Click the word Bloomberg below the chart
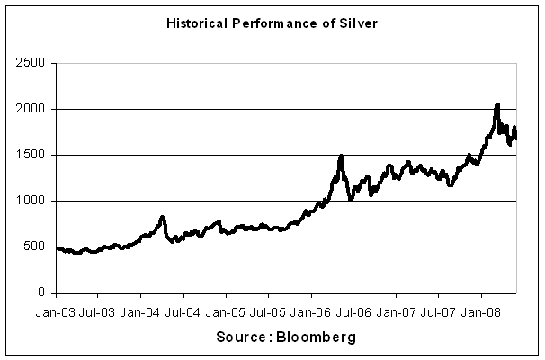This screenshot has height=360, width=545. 317,338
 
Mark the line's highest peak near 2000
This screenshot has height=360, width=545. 497,105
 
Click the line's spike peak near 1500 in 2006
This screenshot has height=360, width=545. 341,157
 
